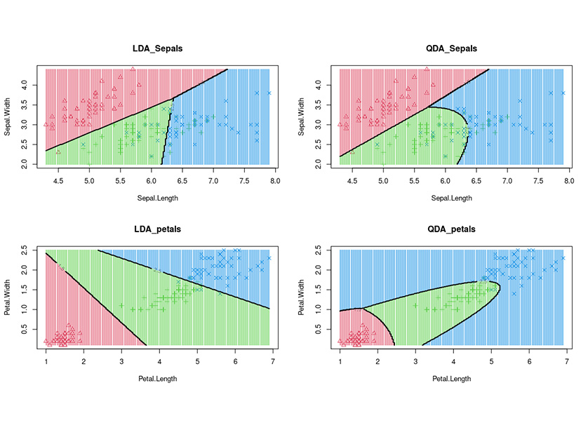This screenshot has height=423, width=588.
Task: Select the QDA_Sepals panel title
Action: coord(451,48)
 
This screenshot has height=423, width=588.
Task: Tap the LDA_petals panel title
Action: coord(157,229)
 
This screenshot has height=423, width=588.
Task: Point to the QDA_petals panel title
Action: coord(451,229)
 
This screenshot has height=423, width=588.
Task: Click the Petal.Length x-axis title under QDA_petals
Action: coord(451,379)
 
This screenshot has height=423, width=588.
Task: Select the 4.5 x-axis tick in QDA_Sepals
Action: coord(352,180)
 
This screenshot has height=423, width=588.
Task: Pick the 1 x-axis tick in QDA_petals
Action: coord(340,361)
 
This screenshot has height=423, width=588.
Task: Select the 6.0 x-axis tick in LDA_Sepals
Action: coord(151,180)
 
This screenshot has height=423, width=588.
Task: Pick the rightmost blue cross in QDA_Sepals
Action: coord(563,93)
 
